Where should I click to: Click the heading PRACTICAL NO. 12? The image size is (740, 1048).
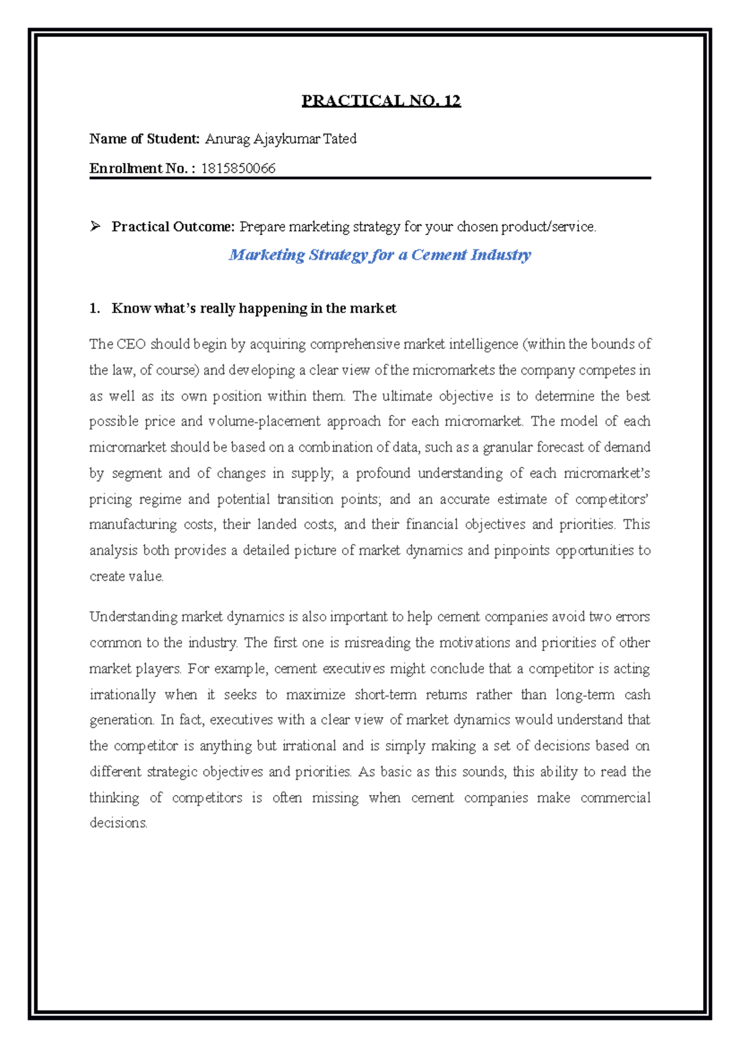(380, 101)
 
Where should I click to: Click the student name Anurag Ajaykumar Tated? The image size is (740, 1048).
(281, 139)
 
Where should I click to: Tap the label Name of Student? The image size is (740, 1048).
(144, 139)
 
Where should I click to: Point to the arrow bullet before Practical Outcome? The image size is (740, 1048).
(95, 227)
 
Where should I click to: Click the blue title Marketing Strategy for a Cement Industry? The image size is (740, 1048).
(379, 255)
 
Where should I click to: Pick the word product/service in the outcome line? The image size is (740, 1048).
(548, 227)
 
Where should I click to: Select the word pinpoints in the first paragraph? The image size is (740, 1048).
(521, 551)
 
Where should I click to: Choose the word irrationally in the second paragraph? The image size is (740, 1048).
(123, 694)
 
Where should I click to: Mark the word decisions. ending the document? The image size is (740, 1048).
(118, 823)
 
